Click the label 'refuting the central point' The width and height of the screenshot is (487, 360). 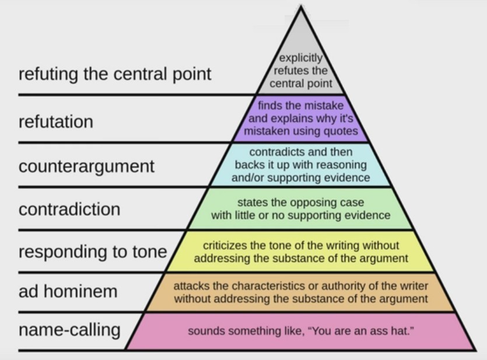(x=115, y=75)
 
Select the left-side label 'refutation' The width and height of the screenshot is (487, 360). (x=56, y=121)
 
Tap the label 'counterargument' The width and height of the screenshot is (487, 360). (x=86, y=167)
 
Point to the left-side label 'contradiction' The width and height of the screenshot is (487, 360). (x=69, y=209)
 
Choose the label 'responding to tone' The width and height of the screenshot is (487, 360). (x=93, y=252)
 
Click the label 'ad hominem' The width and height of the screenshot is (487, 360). (x=68, y=291)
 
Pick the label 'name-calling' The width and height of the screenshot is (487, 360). (x=69, y=330)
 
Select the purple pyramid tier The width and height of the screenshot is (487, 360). (x=300, y=118)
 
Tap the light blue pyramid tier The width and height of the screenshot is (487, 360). (x=300, y=165)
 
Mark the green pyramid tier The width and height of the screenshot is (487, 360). (x=300, y=209)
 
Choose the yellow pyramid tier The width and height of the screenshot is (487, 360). (x=300, y=251)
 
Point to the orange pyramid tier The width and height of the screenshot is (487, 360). (x=300, y=292)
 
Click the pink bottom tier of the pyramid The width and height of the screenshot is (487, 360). (x=300, y=331)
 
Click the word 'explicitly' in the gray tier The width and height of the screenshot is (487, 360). (x=300, y=58)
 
